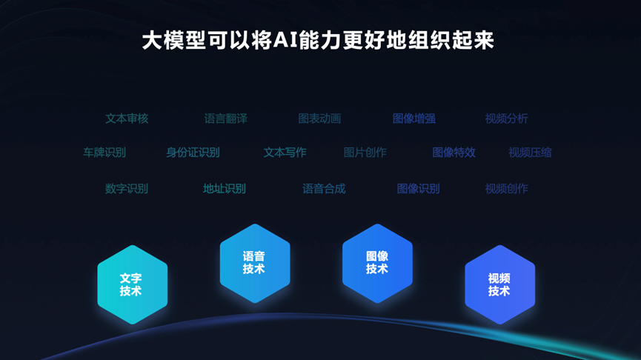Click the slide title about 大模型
(x=318, y=41)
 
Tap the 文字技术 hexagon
(x=133, y=284)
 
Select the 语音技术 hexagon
(x=255, y=263)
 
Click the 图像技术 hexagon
(x=377, y=263)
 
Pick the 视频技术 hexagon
(x=500, y=284)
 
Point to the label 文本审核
(x=127, y=119)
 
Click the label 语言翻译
(x=226, y=119)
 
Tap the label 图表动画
(x=319, y=119)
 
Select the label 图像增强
(x=414, y=119)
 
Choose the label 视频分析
(x=507, y=119)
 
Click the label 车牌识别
(x=104, y=153)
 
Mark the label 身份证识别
(x=193, y=153)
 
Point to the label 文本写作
(x=285, y=153)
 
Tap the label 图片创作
(x=365, y=153)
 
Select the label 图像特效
(x=454, y=153)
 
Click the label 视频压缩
(x=530, y=153)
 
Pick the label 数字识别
(x=126, y=188)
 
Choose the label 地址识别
(x=225, y=188)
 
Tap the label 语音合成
(x=324, y=188)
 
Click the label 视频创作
(x=507, y=188)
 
